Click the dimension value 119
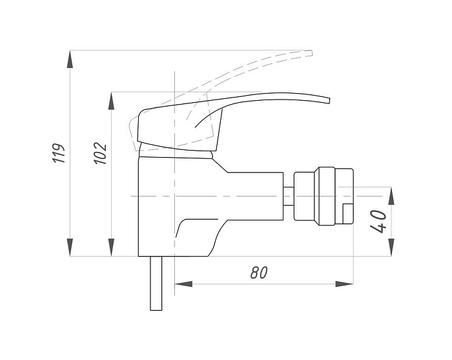59,153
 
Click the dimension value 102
100,153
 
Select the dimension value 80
259,273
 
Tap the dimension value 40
378,221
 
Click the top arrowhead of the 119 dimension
70,59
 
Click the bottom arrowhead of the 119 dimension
70,247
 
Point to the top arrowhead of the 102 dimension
111,101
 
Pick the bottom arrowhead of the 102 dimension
111,247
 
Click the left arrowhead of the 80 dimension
183,284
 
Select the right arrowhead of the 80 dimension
344,284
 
